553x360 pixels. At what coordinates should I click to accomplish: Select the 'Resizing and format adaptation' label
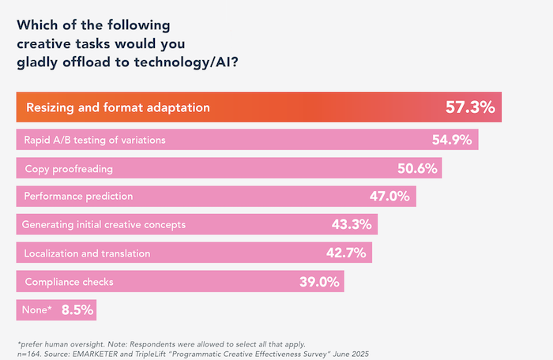[118, 107]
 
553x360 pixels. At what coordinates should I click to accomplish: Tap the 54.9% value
[451, 140]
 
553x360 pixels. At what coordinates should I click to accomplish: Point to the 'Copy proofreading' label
[70, 169]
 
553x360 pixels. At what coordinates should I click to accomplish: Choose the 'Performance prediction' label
[79, 196]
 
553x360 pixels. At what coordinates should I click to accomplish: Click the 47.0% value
[389, 196]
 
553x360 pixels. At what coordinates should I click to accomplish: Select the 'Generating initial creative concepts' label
[103, 224]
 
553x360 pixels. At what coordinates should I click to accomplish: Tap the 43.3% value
[352, 224]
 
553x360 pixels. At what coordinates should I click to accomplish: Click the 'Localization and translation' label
[86, 253]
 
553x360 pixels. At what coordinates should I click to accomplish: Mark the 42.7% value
[346, 253]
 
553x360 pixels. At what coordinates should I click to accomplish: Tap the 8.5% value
[76, 309]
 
